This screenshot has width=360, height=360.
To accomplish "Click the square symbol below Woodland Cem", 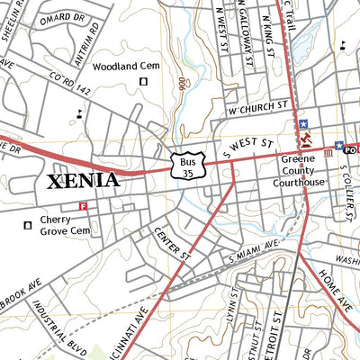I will pos(142,83).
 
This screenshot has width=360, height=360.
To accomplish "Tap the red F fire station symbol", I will pos(84,206).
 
